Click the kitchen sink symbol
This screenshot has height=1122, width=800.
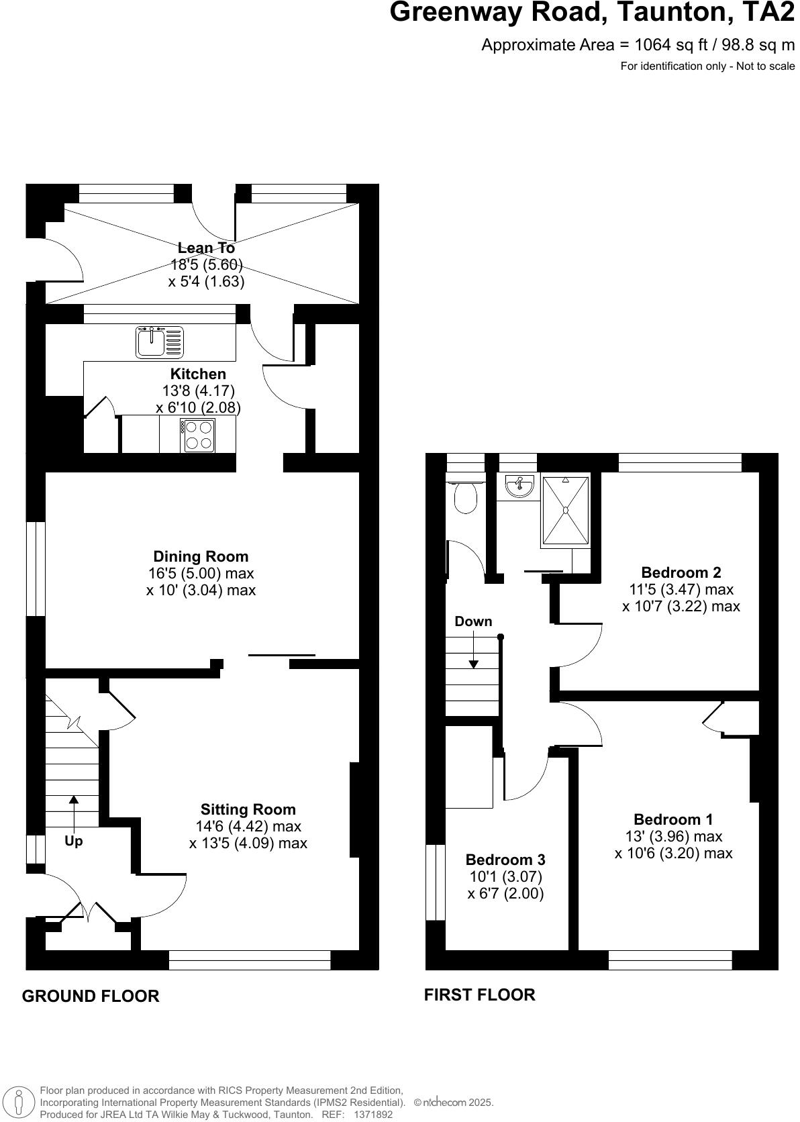159,342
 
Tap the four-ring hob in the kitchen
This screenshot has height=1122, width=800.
198,435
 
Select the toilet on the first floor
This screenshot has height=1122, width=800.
465,497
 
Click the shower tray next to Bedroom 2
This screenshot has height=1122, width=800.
566,510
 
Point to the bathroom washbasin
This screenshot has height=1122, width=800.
516,486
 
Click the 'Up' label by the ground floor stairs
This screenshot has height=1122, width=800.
74,841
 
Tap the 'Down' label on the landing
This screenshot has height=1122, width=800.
473,621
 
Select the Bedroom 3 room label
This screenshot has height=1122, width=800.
505,860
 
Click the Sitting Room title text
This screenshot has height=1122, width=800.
248,809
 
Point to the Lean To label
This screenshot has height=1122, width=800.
206,248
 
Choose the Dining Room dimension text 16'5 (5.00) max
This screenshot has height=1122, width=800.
201,574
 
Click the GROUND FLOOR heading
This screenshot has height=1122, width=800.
91,996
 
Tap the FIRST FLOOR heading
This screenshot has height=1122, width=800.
479,994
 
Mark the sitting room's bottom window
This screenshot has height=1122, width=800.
250,960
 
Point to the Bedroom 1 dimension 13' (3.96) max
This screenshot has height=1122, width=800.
673,836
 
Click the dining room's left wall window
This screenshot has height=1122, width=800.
36,568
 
